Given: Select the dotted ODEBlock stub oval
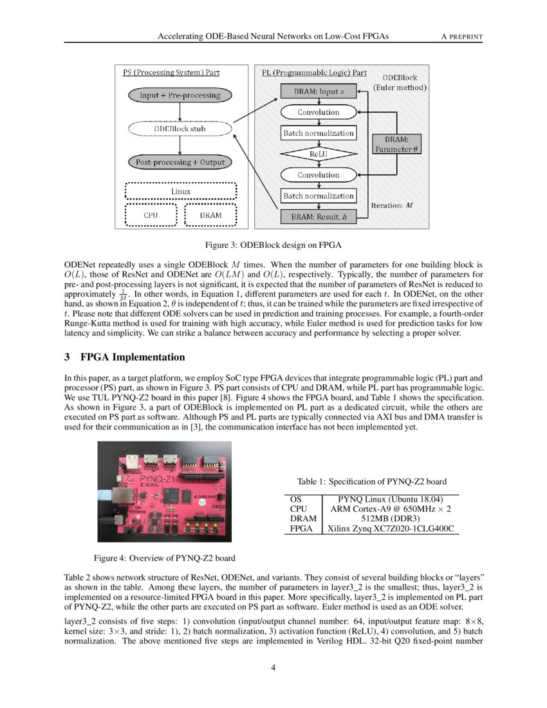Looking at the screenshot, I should click(x=180, y=129).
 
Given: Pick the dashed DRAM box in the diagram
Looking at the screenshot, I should click(x=210, y=215).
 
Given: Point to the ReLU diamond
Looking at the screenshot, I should click(x=319, y=154).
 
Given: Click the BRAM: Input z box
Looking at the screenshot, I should click(x=319, y=92).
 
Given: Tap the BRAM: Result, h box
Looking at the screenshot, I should click(x=319, y=217).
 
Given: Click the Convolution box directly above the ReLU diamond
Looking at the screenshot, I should click(x=319, y=112).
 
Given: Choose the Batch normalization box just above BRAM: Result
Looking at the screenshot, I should click(x=319, y=196).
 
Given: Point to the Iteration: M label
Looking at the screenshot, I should click(x=392, y=205).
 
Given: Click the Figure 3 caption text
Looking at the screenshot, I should click(x=273, y=245).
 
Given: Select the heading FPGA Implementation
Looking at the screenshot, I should click(x=133, y=357).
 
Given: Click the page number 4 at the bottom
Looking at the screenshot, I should click(x=273, y=667).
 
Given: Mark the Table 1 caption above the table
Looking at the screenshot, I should click(x=372, y=481).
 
